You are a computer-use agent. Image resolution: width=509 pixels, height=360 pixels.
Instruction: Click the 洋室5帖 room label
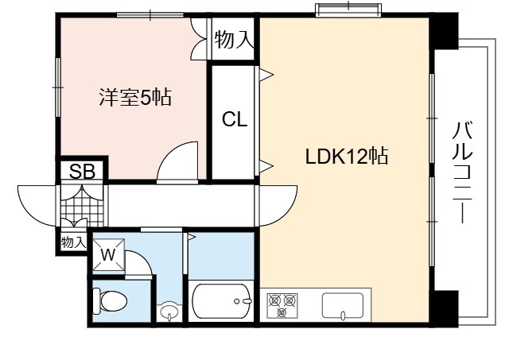pyautogui.click(x=135, y=97)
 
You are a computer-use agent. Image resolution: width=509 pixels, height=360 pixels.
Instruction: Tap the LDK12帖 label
pyautogui.click(x=347, y=156)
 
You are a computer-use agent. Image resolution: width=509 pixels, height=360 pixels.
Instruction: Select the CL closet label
pyautogui.click(x=235, y=119)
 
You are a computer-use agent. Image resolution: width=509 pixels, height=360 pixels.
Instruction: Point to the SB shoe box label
pyautogui.click(x=82, y=171)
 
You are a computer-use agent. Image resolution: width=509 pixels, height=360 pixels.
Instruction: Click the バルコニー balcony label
pyautogui.click(x=463, y=172)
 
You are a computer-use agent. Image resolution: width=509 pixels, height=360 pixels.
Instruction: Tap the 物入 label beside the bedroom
pyautogui.click(x=233, y=39)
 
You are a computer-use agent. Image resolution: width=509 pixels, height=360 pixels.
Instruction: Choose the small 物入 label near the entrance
pyautogui.click(x=74, y=242)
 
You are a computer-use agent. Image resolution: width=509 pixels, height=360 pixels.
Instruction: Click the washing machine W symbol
pyautogui.click(x=108, y=254)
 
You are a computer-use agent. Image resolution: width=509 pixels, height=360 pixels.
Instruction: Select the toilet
pyautogui.click(x=110, y=301)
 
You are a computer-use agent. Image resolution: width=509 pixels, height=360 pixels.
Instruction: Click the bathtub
pyautogui.click(x=222, y=301)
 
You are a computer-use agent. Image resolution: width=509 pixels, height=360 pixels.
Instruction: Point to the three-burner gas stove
pyautogui.click(x=282, y=305)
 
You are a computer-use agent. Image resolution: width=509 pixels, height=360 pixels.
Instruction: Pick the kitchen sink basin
pyautogui.click(x=343, y=307)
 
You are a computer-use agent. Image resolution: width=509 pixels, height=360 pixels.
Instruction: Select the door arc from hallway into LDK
pyautogui.click(x=286, y=213)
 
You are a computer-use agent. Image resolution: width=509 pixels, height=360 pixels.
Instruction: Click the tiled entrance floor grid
pyautogui.click(x=82, y=206)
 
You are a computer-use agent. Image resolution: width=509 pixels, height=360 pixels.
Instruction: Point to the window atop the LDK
pyautogui.click(x=348, y=9)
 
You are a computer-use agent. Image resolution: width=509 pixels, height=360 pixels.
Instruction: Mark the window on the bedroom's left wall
pyautogui.click(x=58, y=87)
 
